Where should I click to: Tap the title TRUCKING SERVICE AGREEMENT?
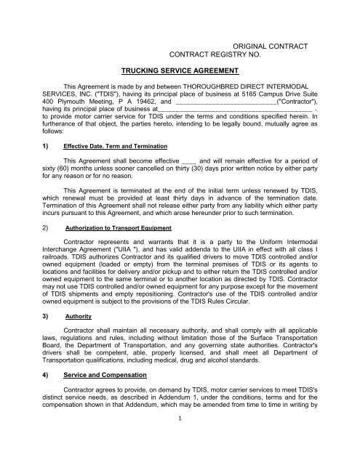click(x=179, y=70)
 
